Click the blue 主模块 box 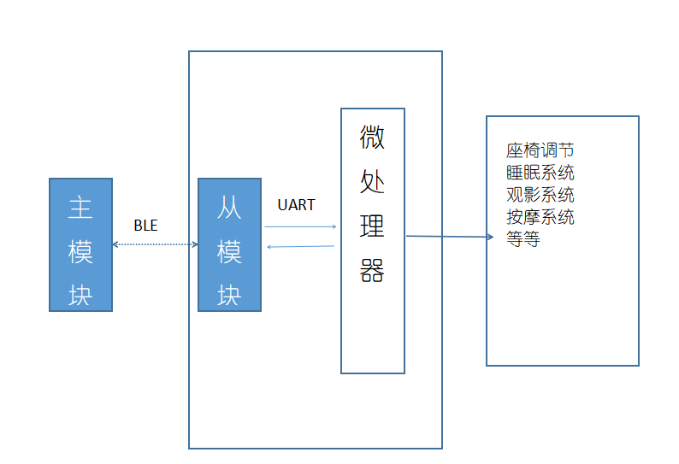point(80,244)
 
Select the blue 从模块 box point(229,244)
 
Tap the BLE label point(145,226)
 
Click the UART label point(296,205)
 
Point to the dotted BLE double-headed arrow point(155,244)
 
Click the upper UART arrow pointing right point(300,226)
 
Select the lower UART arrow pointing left point(300,247)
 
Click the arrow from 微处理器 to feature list point(449,237)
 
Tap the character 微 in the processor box point(372,137)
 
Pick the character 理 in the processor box point(372,226)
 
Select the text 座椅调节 point(540,151)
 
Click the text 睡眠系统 point(540,173)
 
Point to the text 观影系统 point(540,195)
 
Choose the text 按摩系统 point(540,217)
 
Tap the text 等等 point(523,239)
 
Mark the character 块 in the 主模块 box point(80,295)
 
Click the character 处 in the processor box point(372,181)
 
